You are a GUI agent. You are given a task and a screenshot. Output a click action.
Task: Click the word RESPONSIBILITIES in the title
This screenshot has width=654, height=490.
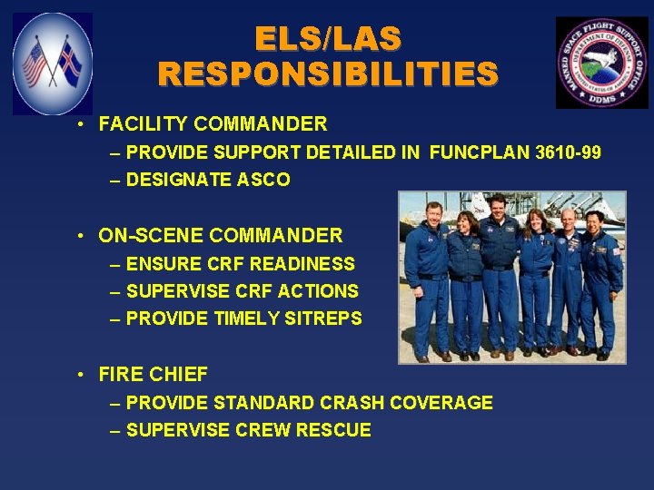[328, 73]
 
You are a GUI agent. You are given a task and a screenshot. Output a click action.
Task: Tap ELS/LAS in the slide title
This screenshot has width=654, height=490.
[328, 38]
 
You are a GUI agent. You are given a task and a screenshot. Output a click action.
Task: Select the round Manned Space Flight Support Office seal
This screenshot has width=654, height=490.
[601, 63]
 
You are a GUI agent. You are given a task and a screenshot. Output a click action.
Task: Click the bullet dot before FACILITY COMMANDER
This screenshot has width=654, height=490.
[82, 124]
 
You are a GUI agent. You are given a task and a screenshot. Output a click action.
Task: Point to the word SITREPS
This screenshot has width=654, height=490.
[327, 318]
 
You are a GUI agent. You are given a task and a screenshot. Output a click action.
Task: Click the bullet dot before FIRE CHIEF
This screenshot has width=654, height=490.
[82, 374]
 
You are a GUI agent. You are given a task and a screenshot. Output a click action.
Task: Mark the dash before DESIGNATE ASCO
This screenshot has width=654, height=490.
[115, 180]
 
